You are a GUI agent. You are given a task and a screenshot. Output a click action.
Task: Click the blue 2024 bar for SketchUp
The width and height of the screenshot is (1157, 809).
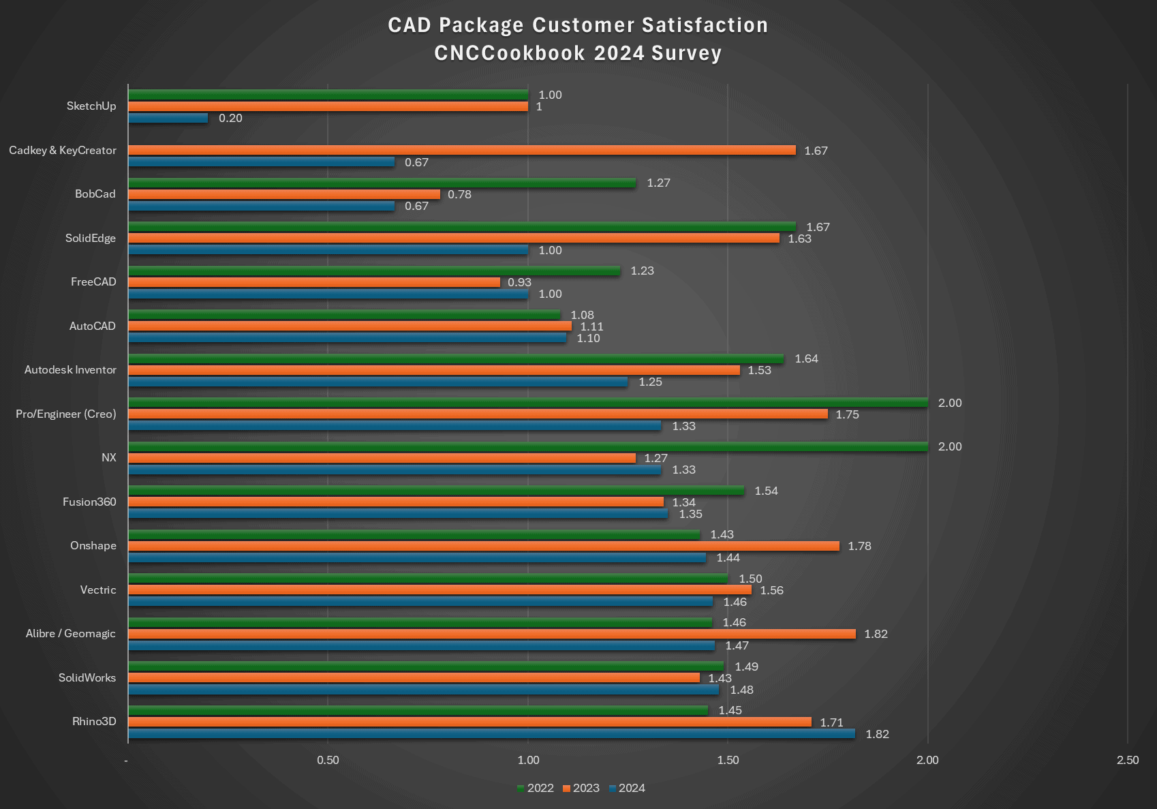tap(168, 118)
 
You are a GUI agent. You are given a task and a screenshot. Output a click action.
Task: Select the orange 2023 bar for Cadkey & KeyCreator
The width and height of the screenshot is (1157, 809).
tap(461, 150)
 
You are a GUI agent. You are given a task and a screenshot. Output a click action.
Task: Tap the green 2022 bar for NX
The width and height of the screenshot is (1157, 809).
tap(527, 446)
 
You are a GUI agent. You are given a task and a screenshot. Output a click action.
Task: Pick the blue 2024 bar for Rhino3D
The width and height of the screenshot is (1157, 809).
tap(491, 733)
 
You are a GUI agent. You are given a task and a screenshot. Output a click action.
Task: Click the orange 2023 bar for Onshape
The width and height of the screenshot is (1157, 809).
tap(483, 546)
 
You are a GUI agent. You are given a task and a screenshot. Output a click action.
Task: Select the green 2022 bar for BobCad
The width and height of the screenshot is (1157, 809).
tap(382, 183)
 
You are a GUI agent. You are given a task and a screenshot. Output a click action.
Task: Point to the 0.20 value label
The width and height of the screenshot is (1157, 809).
tap(230, 118)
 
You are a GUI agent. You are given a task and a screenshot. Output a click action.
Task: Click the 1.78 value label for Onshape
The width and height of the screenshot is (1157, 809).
tap(859, 546)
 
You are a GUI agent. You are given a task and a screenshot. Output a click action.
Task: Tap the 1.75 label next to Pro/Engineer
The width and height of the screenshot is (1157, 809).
tap(847, 414)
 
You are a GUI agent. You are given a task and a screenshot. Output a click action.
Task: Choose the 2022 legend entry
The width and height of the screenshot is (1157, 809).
tap(536, 788)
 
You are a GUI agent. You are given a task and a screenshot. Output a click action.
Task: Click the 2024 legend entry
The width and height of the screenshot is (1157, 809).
tap(627, 788)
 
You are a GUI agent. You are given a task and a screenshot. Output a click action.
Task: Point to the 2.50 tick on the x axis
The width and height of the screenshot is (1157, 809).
tap(1127, 760)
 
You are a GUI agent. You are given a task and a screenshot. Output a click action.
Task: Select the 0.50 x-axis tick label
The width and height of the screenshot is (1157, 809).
tap(328, 760)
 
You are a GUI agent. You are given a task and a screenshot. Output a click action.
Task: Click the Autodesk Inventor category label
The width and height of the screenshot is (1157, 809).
tap(70, 369)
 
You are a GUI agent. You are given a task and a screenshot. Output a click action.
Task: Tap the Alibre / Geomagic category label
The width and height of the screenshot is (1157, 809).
tap(70, 633)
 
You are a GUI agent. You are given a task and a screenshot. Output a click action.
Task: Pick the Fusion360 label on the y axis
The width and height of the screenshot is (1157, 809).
tap(89, 502)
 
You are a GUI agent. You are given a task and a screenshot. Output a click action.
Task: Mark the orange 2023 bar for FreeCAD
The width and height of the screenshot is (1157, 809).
tap(313, 282)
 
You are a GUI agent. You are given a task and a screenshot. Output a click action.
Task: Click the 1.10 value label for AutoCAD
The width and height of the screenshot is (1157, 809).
tap(588, 338)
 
